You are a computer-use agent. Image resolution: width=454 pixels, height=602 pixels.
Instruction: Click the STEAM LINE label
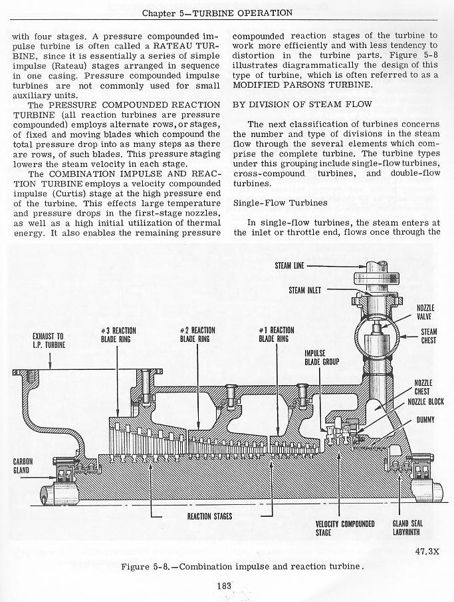tap(289, 265)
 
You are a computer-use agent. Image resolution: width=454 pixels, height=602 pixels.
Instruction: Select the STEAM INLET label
tap(305, 290)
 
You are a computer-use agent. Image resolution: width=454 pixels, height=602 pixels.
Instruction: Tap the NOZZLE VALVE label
tap(425, 312)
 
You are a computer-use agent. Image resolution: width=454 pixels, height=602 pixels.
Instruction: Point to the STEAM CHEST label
tap(429, 336)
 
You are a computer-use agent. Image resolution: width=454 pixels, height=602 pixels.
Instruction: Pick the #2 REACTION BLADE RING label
tap(197, 335)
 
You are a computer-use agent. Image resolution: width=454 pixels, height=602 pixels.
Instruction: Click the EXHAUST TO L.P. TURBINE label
tap(49, 341)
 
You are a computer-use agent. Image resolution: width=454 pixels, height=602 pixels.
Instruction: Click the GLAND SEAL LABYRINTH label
tap(407, 528)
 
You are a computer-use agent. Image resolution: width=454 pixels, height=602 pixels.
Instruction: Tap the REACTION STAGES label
tap(209, 516)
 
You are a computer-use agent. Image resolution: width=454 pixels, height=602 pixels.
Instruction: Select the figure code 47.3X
tap(428, 551)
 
